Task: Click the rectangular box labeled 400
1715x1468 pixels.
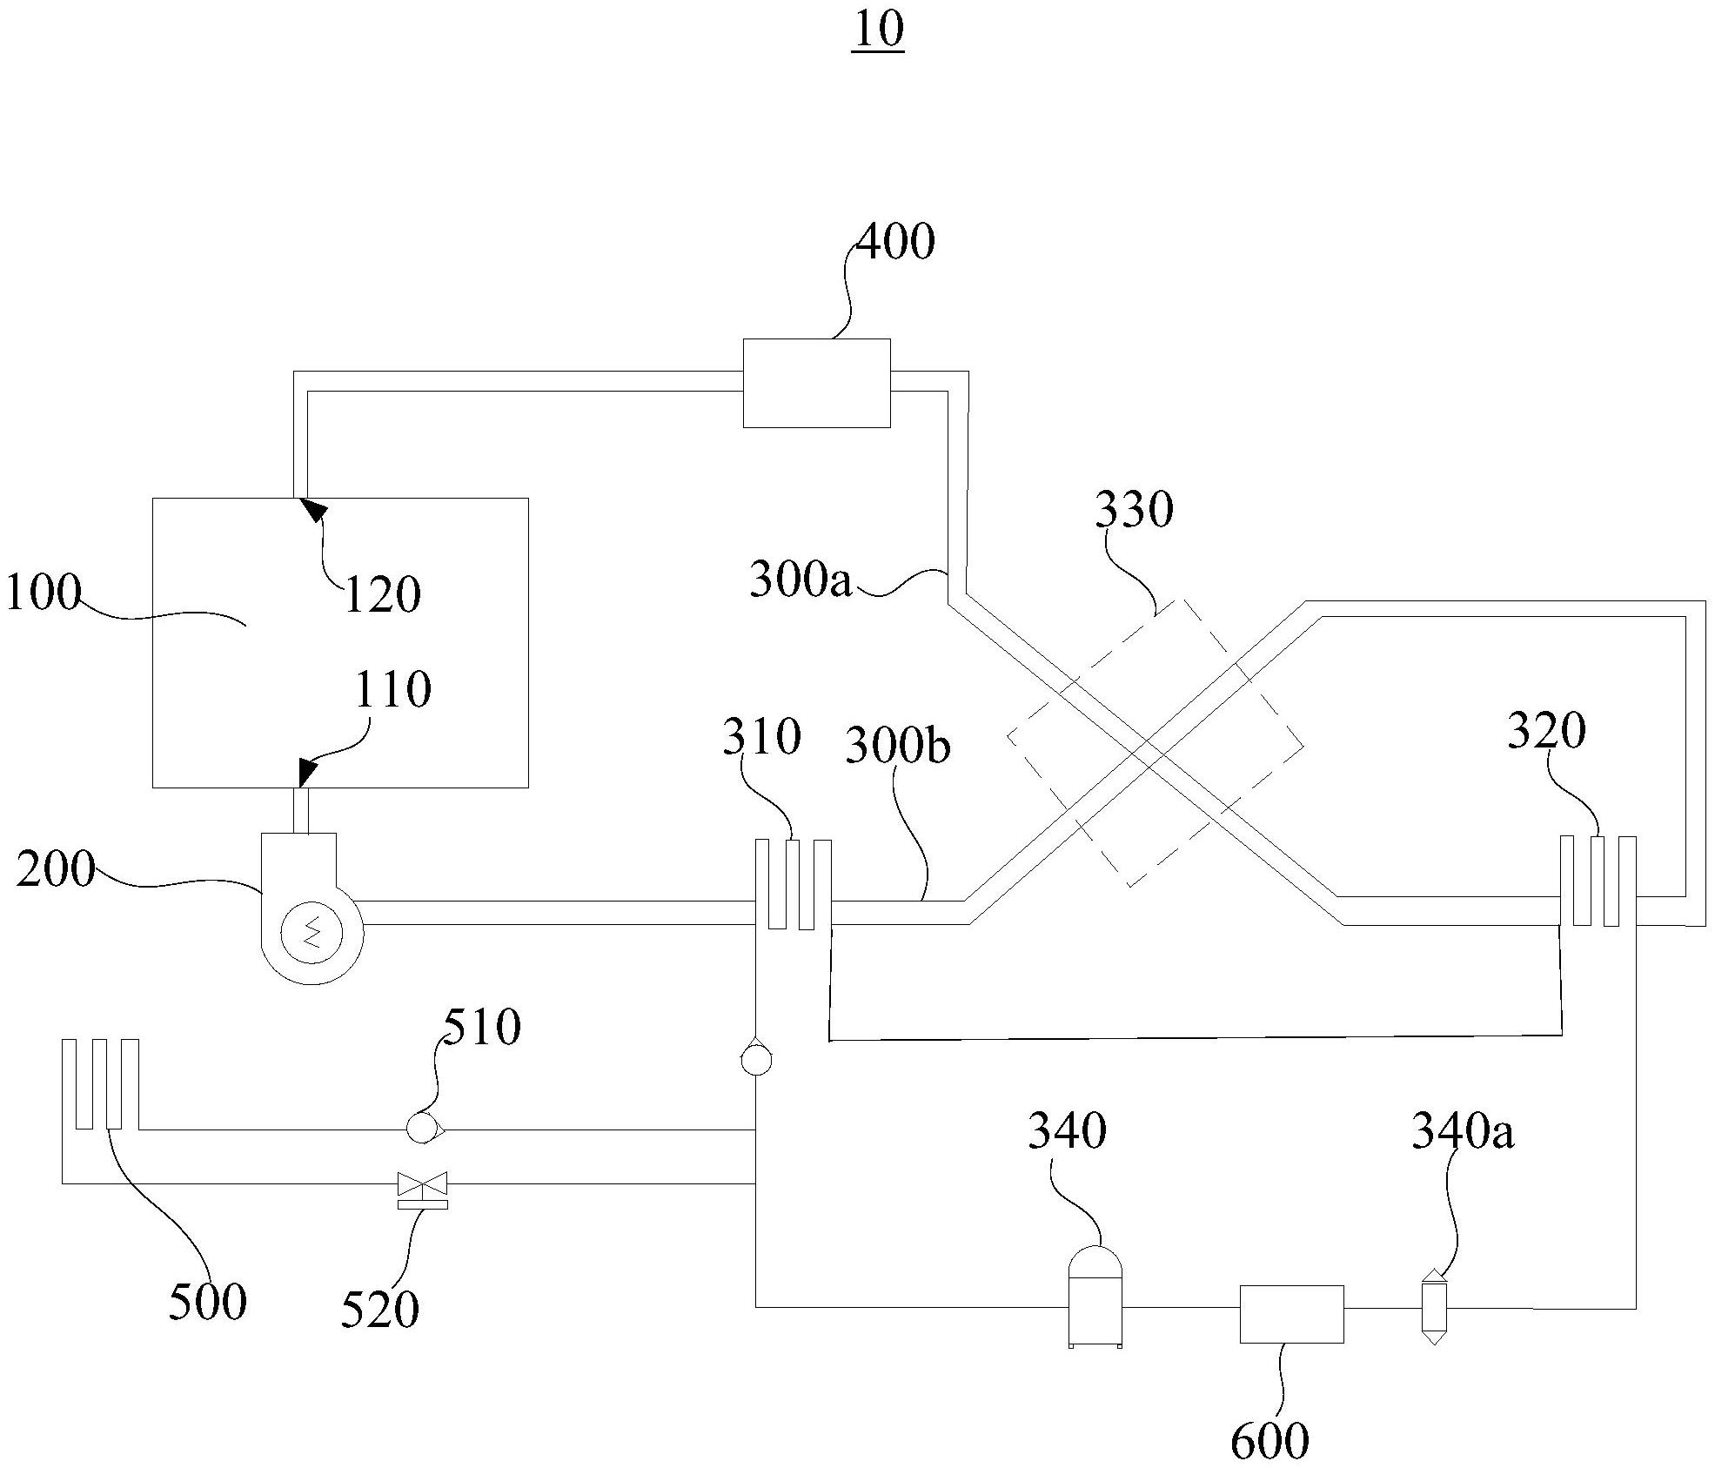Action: (x=816, y=383)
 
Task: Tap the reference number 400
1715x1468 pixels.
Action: (x=895, y=241)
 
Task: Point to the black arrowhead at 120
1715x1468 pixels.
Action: (x=312, y=509)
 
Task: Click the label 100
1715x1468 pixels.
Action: (x=42, y=593)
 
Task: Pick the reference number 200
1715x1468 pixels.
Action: (x=55, y=869)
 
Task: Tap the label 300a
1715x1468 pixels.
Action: (x=801, y=579)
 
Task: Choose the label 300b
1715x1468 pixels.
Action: (x=898, y=747)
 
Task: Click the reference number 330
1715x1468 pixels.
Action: (x=1134, y=509)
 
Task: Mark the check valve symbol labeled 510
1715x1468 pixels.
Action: (x=425, y=1129)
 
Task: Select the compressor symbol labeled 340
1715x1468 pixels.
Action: (x=1095, y=1297)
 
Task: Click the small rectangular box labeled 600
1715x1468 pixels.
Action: (x=1291, y=1314)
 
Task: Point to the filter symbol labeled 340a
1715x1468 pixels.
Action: (x=1433, y=1307)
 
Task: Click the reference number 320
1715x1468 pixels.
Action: (x=1546, y=731)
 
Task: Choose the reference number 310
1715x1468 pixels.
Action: (x=761, y=736)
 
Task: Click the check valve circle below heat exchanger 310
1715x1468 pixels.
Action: (x=756, y=1060)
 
